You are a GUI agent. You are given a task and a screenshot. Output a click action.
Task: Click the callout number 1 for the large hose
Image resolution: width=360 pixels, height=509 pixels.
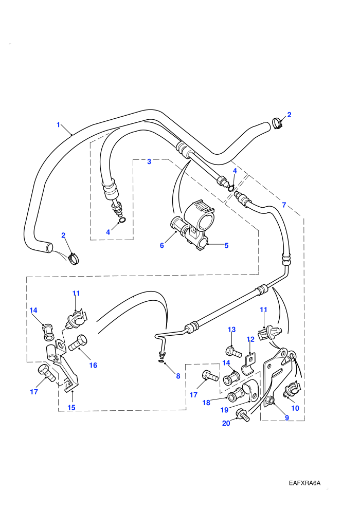tap(59, 124)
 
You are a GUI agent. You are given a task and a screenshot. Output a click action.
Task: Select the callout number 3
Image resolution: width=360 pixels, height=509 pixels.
tap(149, 161)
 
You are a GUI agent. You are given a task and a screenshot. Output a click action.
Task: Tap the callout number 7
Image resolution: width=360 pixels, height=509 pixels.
tap(284, 205)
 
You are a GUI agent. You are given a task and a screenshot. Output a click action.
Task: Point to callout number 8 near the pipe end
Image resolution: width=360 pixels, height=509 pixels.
tap(178, 376)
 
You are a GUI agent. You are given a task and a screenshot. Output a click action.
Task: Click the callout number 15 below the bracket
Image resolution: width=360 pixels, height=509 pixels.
tap(71, 407)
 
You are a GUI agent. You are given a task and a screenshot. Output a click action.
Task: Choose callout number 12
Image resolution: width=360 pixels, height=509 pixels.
tap(250, 339)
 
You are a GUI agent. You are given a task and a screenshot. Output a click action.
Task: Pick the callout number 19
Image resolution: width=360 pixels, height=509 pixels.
tap(225, 410)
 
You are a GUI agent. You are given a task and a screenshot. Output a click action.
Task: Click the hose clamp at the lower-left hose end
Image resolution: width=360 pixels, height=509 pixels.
tap(74, 259)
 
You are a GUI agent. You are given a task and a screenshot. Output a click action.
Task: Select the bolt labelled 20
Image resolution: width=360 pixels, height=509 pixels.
tap(243, 415)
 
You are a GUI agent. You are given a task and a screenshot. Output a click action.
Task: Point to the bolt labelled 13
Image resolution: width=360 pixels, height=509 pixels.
tap(233, 352)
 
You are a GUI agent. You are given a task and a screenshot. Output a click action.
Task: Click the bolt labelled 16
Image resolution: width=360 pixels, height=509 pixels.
tap(78, 343)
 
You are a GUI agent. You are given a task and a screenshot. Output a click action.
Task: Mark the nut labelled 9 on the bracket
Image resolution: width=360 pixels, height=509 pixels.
tap(269, 401)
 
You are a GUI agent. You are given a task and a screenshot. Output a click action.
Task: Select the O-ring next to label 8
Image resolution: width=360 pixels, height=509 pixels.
tap(161, 362)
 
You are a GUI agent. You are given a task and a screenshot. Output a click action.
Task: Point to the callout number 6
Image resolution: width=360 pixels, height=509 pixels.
tap(161, 246)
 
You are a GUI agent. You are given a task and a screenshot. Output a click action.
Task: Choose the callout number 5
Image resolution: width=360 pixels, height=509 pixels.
tap(227, 245)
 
